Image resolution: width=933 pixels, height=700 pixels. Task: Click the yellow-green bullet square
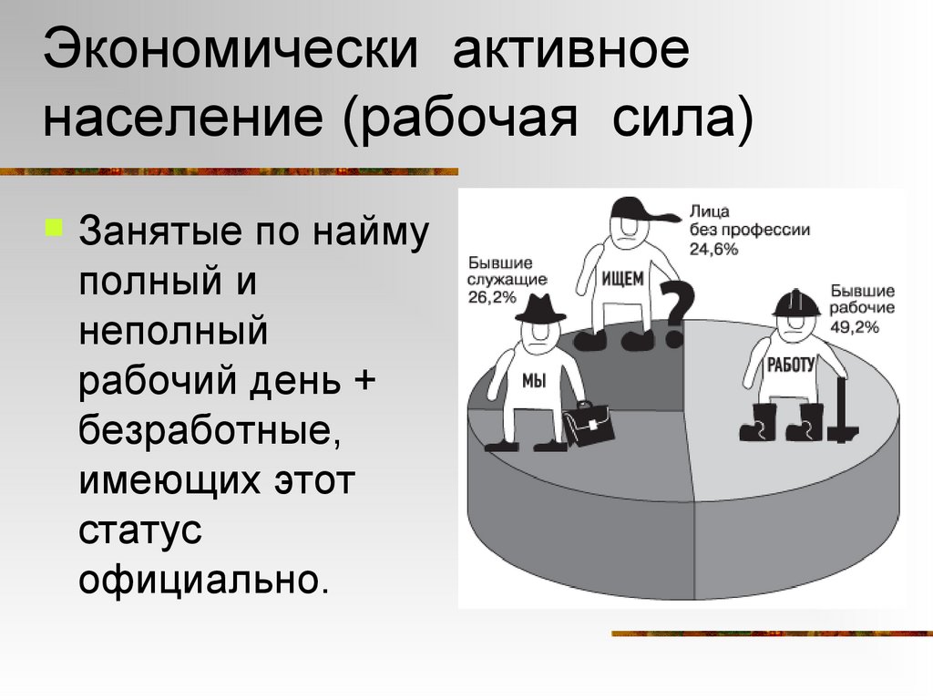coord(54,224)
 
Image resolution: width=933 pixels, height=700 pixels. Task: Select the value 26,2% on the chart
coord(494,297)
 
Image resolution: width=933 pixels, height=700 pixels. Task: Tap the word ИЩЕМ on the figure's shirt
coord(623,279)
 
